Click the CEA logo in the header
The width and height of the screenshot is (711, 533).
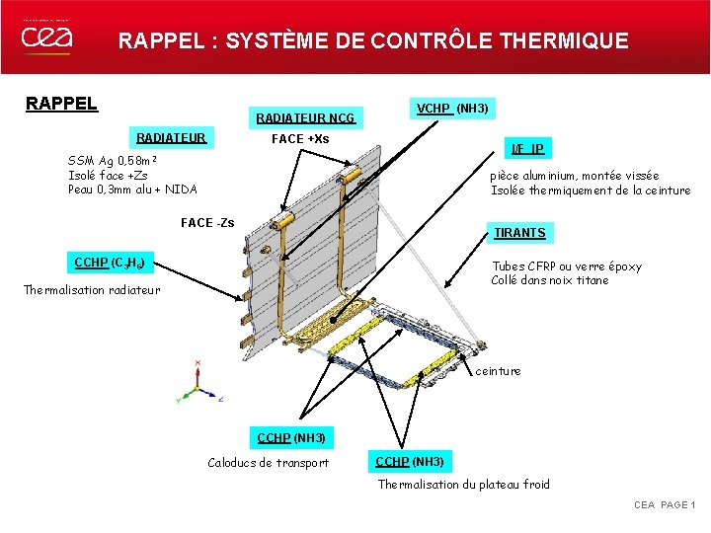pos(46,38)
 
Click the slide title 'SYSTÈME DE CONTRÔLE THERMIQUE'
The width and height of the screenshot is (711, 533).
pos(427,41)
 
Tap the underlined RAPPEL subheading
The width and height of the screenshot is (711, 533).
pos(61,104)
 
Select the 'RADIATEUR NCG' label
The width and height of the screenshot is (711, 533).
pos(305,119)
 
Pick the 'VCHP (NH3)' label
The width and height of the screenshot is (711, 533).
pos(453,108)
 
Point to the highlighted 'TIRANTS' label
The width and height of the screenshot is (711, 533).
pos(519,233)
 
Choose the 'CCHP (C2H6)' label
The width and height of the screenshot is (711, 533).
pos(111,263)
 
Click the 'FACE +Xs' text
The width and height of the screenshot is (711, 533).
pos(300,139)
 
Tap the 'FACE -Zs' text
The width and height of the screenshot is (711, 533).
pos(207,223)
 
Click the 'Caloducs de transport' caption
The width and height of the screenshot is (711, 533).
pos(268,463)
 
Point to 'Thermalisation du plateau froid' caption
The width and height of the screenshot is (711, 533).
pos(464,484)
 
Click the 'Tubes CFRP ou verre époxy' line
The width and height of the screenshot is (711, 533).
pos(566,266)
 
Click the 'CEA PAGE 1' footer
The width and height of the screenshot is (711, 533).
pos(664,505)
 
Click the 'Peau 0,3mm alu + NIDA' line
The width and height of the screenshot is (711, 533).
pos(132,190)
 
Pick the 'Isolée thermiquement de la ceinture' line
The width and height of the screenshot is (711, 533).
pos(591,190)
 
